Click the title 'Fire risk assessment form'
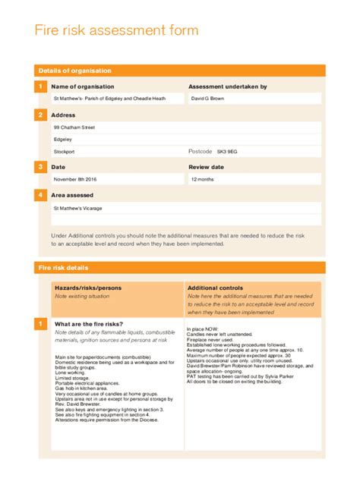click(x=117, y=31)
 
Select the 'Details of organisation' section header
click(x=74, y=71)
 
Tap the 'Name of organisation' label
click(x=82, y=87)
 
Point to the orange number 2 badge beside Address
click(x=40, y=115)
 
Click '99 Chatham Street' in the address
click(x=74, y=127)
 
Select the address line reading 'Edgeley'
click(x=63, y=140)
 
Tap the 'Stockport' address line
click(x=65, y=152)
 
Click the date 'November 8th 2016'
click(x=75, y=179)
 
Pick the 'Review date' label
click(x=206, y=167)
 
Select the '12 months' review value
click(x=203, y=179)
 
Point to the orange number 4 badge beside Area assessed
click(x=40, y=196)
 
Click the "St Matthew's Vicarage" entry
click(x=77, y=207)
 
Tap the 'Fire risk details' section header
click(x=63, y=268)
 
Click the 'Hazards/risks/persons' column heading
click(x=88, y=288)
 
